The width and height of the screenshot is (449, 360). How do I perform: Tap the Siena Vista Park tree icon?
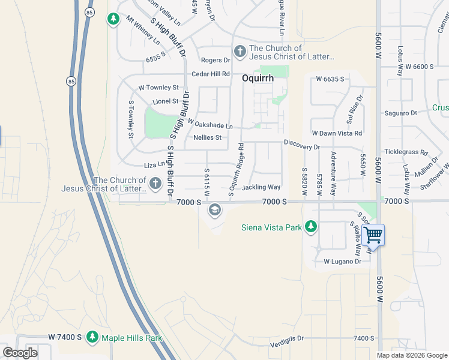click(310, 227)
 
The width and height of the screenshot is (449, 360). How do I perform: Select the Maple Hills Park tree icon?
click(92, 338)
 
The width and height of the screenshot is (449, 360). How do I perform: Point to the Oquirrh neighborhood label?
click(258, 78)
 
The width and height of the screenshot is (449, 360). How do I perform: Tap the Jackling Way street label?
click(261, 188)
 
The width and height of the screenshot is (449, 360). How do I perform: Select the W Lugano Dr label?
click(342, 262)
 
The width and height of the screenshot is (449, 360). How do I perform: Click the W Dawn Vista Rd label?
click(337, 133)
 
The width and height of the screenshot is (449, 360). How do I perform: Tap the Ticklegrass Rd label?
click(406, 152)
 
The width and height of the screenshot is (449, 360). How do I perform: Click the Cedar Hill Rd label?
click(211, 74)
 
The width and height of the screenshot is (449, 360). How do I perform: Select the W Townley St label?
click(158, 88)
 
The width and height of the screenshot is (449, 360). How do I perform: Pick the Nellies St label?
click(208, 137)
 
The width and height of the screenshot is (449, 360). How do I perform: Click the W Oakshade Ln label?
click(209, 124)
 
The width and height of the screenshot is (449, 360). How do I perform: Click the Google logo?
click(20, 353)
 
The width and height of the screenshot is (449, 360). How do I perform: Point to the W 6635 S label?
click(330, 79)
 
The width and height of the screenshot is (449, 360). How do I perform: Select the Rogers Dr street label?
click(215, 60)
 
